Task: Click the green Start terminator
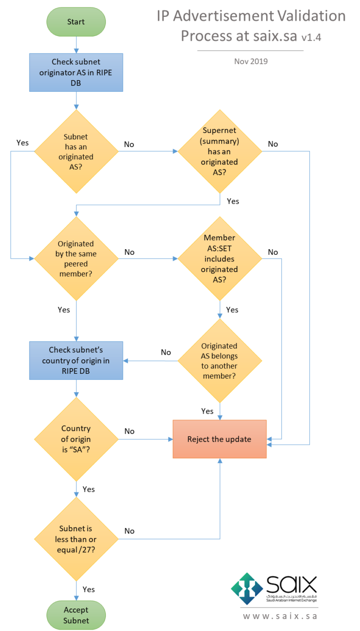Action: click(x=76, y=22)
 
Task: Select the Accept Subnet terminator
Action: click(x=76, y=615)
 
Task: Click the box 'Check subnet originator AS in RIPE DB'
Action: click(x=76, y=72)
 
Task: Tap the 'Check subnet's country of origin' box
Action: click(x=76, y=361)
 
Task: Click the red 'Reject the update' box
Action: click(x=219, y=439)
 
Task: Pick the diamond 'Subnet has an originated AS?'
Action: click(x=76, y=151)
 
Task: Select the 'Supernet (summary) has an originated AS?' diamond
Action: click(x=219, y=151)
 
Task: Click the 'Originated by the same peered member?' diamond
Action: click(x=76, y=259)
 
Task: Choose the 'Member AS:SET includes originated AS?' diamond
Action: click(x=219, y=259)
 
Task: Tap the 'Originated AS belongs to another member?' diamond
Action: click(x=219, y=361)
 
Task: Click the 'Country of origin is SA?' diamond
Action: click(x=76, y=439)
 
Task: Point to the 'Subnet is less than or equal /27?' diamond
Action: click(x=76, y=539)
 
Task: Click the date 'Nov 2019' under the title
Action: click(x=251, y=61)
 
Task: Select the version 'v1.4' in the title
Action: click(x=311, y=38)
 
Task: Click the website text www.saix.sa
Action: click(x=280, y=616)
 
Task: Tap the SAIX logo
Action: click(x=274, y=588)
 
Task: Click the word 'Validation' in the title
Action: click(x=306, y=17)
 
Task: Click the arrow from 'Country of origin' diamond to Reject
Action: click(x=145, y=439)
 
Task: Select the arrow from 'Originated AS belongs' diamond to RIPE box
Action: click(x=150, y=361)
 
